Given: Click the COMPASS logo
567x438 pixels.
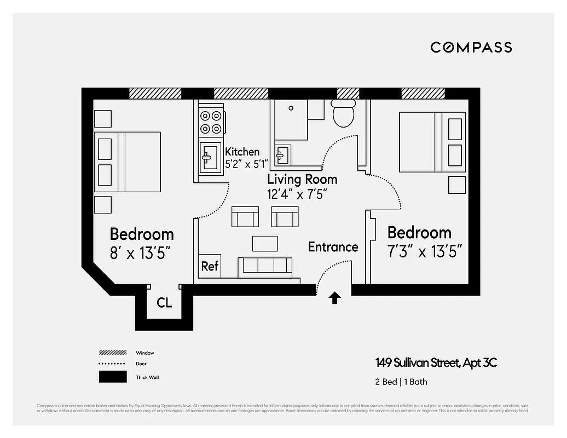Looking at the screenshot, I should coord(471,47).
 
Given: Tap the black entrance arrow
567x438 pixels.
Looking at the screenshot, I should coord(335,298).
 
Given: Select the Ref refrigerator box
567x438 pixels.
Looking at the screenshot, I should coord(210,266).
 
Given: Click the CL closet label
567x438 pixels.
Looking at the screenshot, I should coord(164,303).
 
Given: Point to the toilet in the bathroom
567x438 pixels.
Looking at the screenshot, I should coord(344,113).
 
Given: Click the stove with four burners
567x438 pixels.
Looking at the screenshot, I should coord(211,122).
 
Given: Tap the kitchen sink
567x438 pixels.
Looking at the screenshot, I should coord(210,158).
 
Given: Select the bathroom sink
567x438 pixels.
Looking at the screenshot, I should coord(283,155).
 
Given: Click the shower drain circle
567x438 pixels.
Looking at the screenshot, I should coord(291,108).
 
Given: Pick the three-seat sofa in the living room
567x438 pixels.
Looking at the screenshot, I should coord(264,266).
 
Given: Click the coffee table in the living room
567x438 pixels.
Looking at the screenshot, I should coord(265,243).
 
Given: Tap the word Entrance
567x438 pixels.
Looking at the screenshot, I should coord(333,247).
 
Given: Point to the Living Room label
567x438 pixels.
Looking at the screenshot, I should coord(302,179).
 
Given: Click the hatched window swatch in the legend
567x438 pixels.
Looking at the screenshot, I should coord(112,353).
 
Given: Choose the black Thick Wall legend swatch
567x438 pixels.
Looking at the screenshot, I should coord(112,377).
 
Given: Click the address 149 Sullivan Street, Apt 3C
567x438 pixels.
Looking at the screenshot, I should coord(436,362).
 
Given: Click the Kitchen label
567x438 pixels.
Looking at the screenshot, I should coord(242,152).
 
